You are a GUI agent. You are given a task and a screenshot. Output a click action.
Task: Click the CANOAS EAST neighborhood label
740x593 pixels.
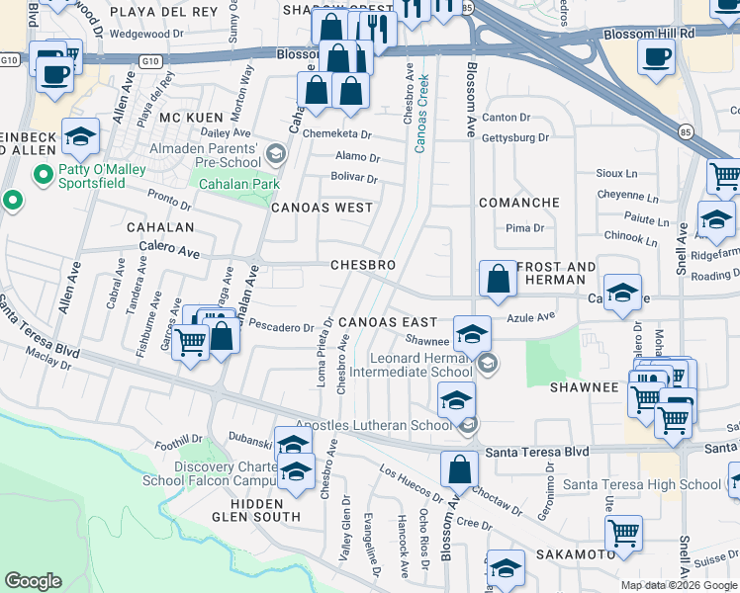(387, 323)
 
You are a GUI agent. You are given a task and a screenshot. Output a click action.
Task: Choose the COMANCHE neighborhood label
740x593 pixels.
(519, 202)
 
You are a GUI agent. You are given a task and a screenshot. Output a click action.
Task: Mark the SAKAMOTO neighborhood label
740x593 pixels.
(577, 554)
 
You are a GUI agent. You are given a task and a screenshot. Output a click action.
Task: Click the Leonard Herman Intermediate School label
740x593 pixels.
(422, 365)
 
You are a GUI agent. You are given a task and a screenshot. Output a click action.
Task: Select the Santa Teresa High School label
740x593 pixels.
(642, 484)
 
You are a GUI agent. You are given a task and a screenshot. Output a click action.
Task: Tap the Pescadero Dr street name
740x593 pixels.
(281, 325)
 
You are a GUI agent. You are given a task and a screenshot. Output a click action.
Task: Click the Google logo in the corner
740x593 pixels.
(34, 580)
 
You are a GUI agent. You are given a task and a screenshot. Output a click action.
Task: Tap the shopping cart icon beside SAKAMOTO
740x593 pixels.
(623, 534)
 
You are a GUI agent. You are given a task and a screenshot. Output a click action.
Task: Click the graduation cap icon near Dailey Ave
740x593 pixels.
(81, 136)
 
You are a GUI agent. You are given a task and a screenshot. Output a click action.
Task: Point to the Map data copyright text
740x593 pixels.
(678, 585)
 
